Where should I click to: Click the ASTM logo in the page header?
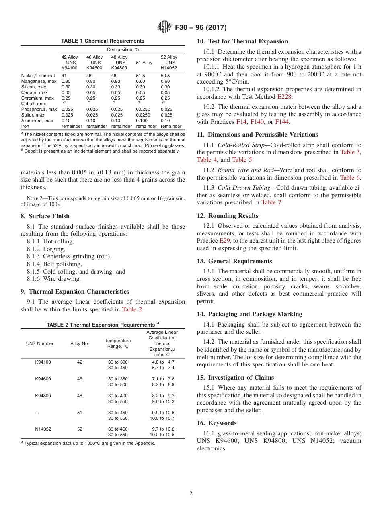164,27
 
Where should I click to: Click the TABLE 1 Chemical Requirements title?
103,41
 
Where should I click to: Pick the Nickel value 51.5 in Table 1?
141,76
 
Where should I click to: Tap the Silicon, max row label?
33,87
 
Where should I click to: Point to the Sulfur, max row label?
33,115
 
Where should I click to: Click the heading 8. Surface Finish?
45,216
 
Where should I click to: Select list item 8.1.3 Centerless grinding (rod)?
69,256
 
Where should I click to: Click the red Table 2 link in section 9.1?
132,309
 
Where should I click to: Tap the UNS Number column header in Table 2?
40,343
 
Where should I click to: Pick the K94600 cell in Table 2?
43,379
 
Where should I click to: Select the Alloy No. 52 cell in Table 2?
80,429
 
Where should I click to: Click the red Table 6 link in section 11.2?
350,178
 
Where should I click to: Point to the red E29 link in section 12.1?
224,241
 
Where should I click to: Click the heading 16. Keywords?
216,423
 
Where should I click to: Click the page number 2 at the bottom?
191,494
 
